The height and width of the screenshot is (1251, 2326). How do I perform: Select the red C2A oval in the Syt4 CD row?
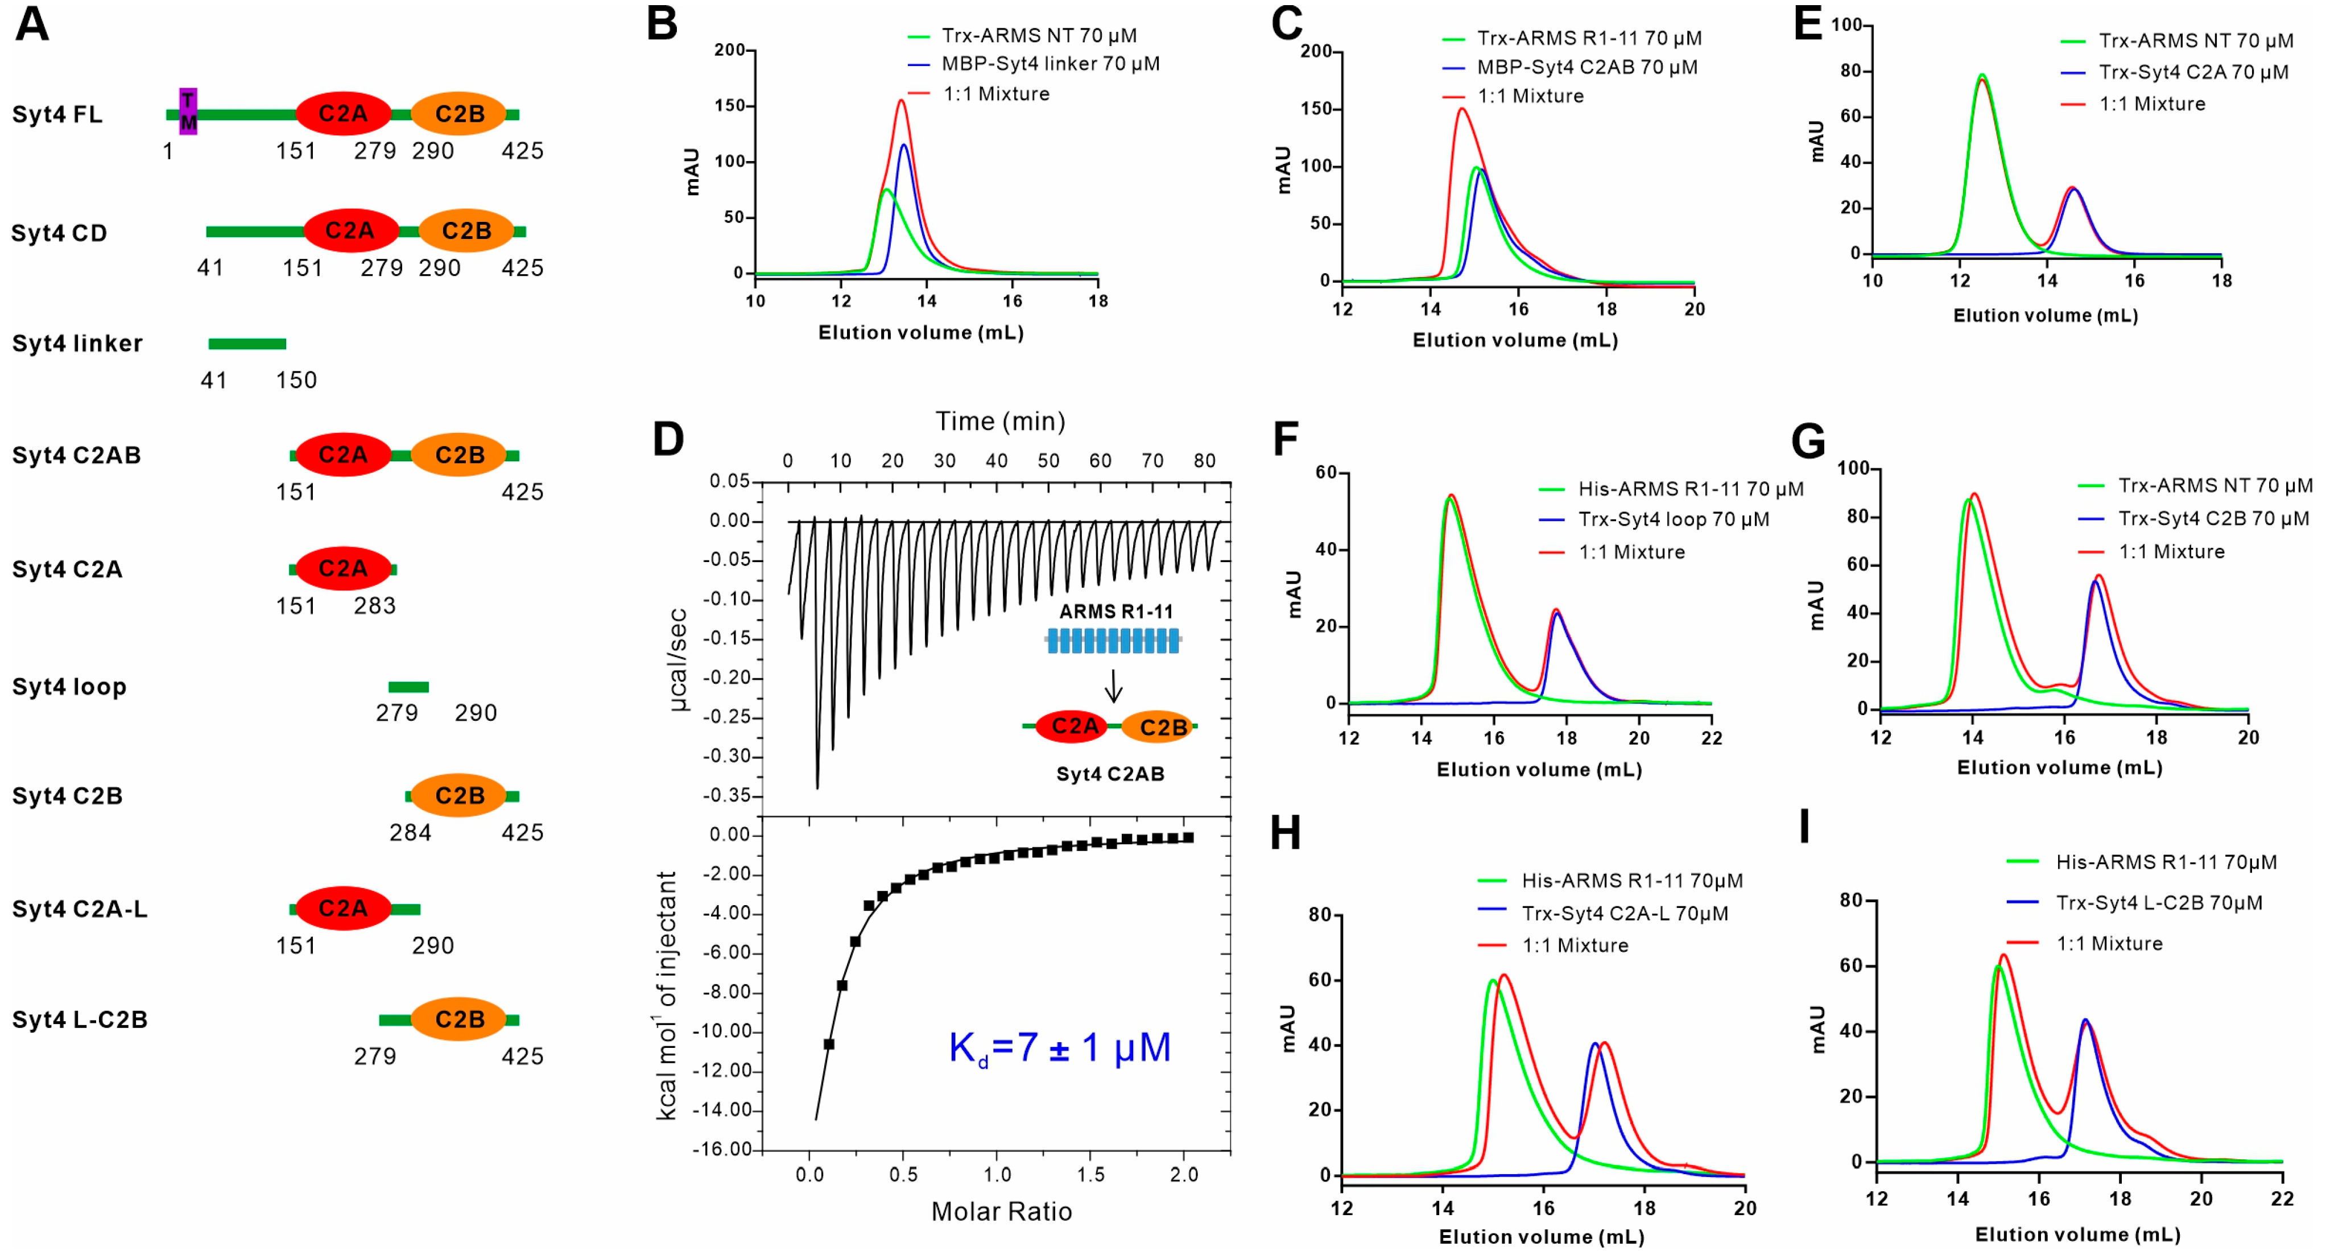[x=350, y=231]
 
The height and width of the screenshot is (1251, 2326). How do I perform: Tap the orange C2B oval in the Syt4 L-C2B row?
[x=460, y=1019]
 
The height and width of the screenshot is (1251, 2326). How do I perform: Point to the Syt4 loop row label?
[x=69, y=687]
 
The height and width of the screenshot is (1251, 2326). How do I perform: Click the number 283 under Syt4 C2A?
[x=375, y=605]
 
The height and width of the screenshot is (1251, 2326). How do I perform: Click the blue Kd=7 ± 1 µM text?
[x=1059, y=1048]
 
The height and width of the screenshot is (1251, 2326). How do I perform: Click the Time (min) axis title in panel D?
[x=999, y=421]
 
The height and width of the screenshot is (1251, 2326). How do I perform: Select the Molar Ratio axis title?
[x=1001, y=1211]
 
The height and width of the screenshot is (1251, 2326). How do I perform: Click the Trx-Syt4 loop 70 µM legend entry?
[x=1673, y=519]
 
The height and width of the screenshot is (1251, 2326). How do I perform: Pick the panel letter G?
[x=1808, y=441]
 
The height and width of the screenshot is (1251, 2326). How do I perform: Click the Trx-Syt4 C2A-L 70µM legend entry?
[x=1625, y=913]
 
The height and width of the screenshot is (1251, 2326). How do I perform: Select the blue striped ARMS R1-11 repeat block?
[x=1113, y=641]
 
